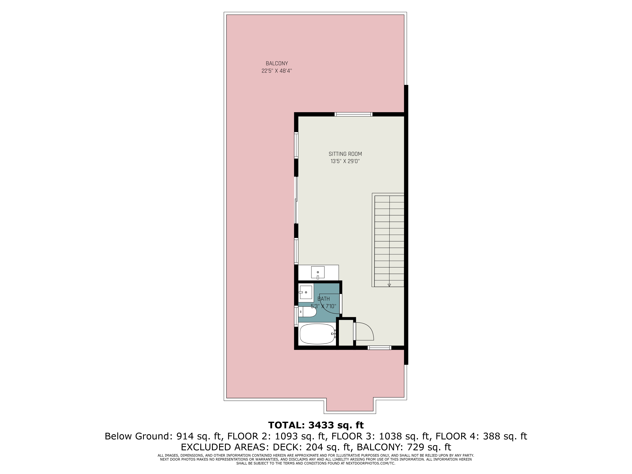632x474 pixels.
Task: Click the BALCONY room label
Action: pos(276,63)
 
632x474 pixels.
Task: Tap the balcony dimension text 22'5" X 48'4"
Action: pos(276,71)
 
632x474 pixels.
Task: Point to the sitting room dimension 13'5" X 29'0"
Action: pos(345,161)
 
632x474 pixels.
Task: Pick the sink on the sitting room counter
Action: pos(318,272)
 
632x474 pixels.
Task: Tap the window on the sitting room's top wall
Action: pos(354,114)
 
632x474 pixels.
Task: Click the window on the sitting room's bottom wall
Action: pos(379,348)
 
